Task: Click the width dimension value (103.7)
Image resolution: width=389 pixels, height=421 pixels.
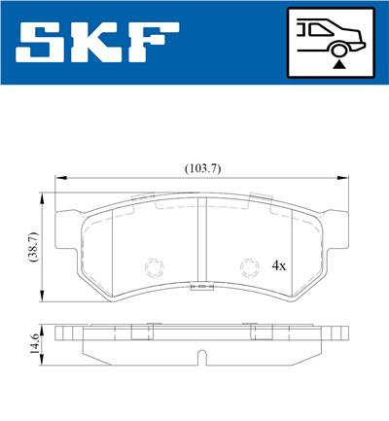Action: click(202, 167)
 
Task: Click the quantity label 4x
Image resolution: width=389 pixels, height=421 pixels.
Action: click(279, 264)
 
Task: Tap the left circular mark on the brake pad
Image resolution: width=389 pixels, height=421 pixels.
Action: click(152, 264)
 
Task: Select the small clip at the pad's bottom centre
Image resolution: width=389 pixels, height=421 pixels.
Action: click(201, 288)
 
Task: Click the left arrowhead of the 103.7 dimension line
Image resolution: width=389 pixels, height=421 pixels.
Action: click(59, 177)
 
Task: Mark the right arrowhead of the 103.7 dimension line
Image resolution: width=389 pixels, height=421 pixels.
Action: click(344, 177)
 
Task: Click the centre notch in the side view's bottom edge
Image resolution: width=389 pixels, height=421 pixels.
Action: click(201, 363)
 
